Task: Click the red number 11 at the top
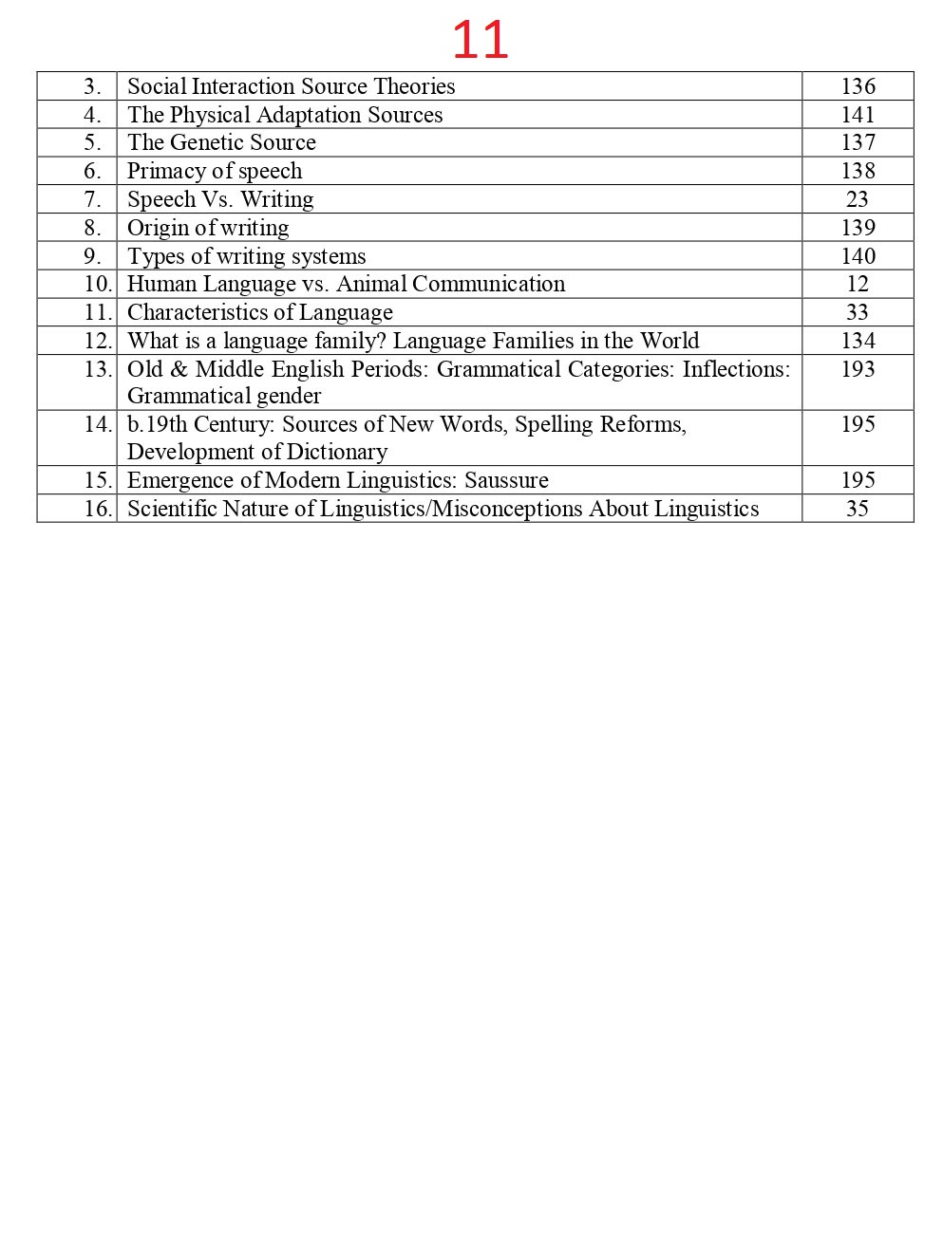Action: point(480,40)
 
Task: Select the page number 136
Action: point(858,86)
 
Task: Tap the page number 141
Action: point(858,115)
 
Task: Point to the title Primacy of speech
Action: point(215,171)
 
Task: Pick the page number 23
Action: point(857,199)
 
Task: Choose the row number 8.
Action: point(92,228)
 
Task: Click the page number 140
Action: point(858,256)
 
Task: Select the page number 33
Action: point(857,312)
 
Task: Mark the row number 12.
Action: point(98,341)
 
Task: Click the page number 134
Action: point(858,341)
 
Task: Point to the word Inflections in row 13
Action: point(736,369)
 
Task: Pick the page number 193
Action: point(858,369)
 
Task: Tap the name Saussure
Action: point(506,480)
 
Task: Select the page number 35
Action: point(857,509)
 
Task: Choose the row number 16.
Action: point(98,509)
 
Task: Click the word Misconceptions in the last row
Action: point(506,509)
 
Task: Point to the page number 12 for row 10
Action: point(857,284)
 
